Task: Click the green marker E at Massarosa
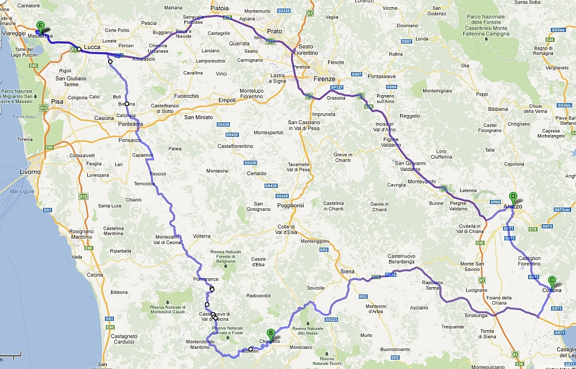(x=41, y=26)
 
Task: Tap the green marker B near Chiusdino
(x=270, y=333)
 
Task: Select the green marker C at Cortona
(x=551, y=281)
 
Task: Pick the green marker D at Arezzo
(x=513, y=197)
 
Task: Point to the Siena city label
(x=347, y=271)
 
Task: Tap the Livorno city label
(x=30, y=172)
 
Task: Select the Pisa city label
(x=58, y=101)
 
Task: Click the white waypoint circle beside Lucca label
(x=79, y=49)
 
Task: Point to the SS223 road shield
(x=331, y=319)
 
